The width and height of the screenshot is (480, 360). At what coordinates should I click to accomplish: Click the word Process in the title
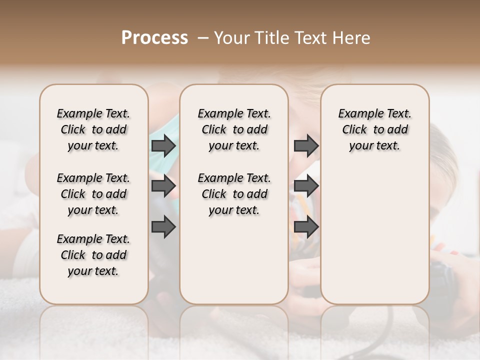coord(154,38)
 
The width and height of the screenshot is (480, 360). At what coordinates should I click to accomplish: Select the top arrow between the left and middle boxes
coord(163,146)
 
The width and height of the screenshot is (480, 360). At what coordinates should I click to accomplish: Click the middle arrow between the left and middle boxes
coord(163,186)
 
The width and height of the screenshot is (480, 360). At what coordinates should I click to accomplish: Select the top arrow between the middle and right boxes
coord(306,146)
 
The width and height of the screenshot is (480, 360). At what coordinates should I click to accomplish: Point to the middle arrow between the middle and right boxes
coord(306,186)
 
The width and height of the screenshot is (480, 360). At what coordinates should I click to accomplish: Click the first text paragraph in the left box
coord(93,129)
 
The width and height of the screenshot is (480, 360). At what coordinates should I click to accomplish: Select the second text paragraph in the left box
coord(93,194)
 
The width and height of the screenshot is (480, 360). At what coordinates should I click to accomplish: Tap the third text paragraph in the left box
coord(93,255)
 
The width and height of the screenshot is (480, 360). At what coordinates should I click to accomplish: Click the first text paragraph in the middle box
coord(234,129)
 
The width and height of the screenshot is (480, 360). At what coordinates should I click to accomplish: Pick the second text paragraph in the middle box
coord(234,194)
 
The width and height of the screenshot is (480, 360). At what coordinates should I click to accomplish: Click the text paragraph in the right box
coord(374,129)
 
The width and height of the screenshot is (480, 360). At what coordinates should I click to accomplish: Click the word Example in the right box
coord(357,114)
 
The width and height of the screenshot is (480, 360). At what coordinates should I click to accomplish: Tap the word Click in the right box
coord(354,130)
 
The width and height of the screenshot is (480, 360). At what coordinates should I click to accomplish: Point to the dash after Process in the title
coord(202,38)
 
